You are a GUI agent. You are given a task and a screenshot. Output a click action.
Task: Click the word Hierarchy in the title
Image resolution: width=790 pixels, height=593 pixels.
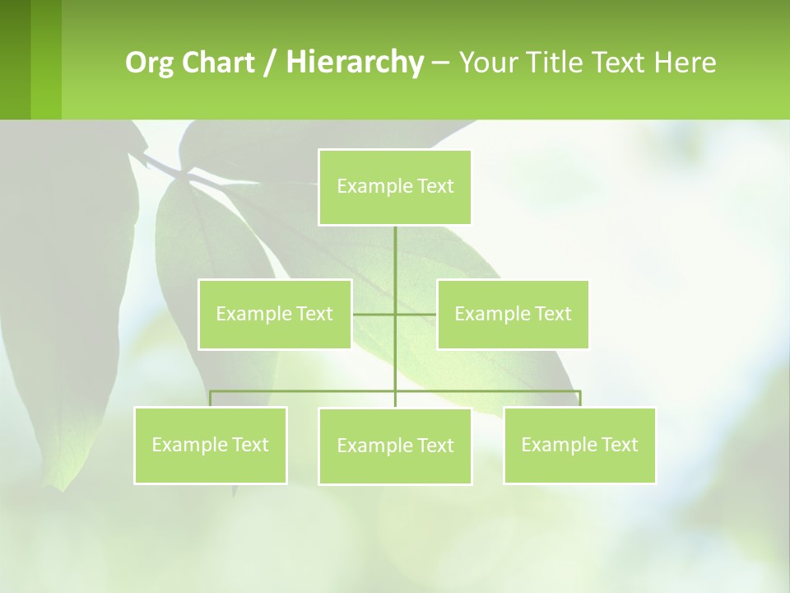(355, 63)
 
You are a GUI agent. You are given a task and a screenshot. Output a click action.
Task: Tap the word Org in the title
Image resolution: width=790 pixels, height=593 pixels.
(149, 63)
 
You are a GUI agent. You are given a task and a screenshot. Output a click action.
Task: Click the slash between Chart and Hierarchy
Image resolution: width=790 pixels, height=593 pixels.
(270, 63)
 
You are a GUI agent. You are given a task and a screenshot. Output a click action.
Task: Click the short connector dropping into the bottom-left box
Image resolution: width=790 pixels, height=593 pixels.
(211, 399)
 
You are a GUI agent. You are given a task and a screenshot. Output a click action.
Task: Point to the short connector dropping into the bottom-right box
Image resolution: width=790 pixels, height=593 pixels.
(580, 399)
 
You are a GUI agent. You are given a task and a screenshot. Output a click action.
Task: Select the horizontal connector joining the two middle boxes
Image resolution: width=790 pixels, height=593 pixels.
(374, 314)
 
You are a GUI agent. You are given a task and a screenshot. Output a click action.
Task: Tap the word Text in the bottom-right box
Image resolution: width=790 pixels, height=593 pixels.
(619, 445)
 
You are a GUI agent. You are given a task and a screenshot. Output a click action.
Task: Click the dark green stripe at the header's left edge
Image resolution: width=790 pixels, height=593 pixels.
(15, 59)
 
